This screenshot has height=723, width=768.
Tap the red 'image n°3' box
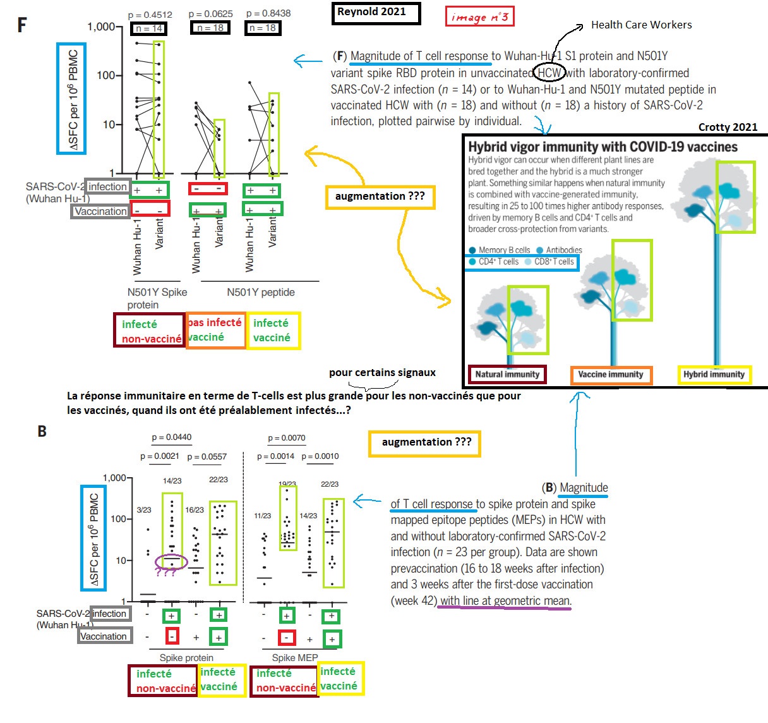pyautogui.click(x=479, y=16)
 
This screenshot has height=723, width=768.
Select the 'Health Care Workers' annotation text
pyautogui.click(x=641, y=25)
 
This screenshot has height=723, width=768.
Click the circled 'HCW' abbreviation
pyautogui.click(x=549, y=73)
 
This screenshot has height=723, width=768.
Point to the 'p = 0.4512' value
pyautogui.click(x=150, y=15)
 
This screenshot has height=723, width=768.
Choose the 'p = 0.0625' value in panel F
pyautogui.click(x=210, y=13)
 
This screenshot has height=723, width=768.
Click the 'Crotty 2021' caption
pyautogui.click(x=728, y=127)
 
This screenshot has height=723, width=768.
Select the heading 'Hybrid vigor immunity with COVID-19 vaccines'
pyautogui.click(x=603, y=147)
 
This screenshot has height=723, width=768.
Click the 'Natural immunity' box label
pyautogui.click(x=507, y=374)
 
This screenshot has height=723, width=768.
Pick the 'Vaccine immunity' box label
pyautogui.click(x=611, y=375)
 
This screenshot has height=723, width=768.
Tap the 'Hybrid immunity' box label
pyautogui.click(x=714, y=374)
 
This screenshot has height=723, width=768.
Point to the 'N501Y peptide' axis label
pyautogui.click(x=260, y=292)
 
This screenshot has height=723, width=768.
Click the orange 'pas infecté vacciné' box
pyautogui.click(x=215, y=330)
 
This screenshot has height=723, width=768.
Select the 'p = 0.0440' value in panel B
pyautogui.click(x=172, y=437)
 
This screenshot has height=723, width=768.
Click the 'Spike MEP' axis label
pyautogui.click(x=295, y=657)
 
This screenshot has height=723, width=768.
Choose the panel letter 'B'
pyautogui.click(x=42, y=432)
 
